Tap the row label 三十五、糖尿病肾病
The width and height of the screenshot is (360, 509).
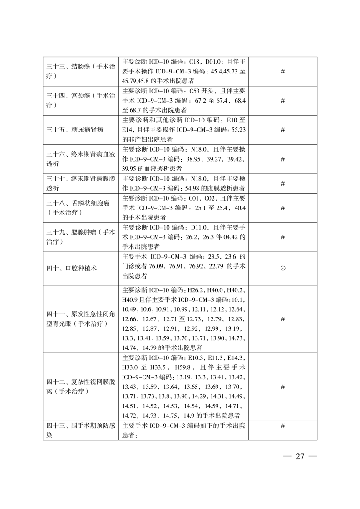75,130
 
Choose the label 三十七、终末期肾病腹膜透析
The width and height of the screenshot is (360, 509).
78,184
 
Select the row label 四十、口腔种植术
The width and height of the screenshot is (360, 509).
72,268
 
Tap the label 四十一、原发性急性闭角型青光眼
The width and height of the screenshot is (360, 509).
78,318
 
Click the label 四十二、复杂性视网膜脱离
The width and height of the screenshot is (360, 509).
78,387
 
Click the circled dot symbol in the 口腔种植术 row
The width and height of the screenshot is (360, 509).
282,268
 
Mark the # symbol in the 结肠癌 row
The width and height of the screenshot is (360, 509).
282,72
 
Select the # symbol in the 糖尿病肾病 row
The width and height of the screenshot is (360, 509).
282,130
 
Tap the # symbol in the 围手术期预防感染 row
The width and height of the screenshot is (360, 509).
282,426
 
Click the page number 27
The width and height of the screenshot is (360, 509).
299,456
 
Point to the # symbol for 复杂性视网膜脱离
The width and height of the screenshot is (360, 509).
282,387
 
